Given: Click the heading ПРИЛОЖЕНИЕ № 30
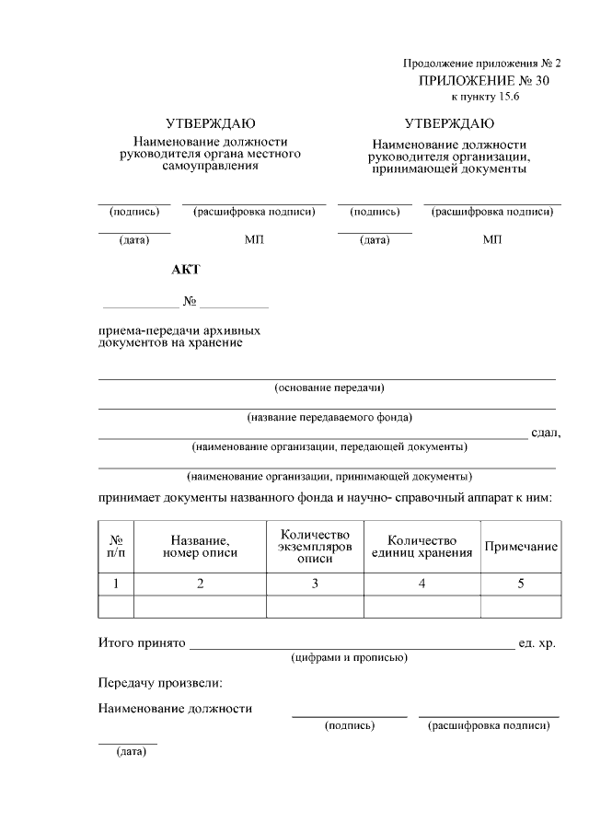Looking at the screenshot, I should click(483, 81).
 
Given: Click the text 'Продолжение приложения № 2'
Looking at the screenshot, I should click(481, 64).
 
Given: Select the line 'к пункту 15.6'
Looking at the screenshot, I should click(485, 97).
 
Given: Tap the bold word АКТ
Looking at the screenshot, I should click(185, 270).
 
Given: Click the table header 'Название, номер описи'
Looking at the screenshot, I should click(200, 547).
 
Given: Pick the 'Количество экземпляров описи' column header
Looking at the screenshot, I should click(315, 547).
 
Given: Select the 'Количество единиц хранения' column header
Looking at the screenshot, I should click(422, 547).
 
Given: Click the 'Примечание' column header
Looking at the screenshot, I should click(521, 547).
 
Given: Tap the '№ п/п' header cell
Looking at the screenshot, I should click(116, 547).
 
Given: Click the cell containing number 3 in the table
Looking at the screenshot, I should click(315, 584).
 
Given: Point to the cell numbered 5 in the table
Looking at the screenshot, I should click(521, 584).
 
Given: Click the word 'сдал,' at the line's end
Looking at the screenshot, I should click(545, 434).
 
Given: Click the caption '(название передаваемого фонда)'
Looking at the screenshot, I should click(329, 417).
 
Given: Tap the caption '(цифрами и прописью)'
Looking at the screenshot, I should click(349, 658).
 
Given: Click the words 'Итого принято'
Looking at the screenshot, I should click(142, 642).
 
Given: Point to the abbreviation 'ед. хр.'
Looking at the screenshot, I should click(537, 642).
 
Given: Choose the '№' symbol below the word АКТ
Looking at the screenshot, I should click(190, 302).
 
